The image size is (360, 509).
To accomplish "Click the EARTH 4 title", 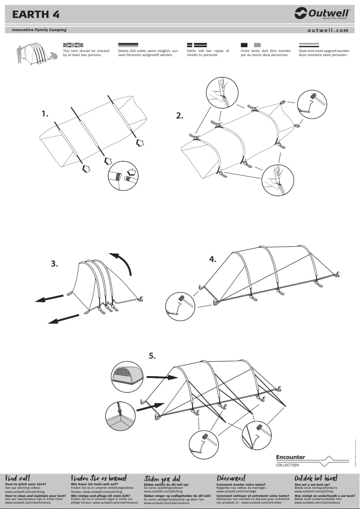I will pos(35,14).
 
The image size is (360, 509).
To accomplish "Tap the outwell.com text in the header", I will pos(328,31).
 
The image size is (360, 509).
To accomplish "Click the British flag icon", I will pos(73,45).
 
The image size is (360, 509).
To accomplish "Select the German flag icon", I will pos(128,45).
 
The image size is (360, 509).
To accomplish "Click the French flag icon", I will pos(250,45).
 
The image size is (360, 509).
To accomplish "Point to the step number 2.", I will pos(180,116).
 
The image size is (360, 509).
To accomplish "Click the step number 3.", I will pos(54,264).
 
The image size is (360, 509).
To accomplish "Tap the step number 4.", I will pos(213,259).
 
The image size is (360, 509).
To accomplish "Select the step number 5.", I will pos(153,356).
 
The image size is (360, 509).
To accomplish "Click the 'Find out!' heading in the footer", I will pos(18,478).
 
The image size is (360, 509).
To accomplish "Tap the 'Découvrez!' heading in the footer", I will pos(231,478).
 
